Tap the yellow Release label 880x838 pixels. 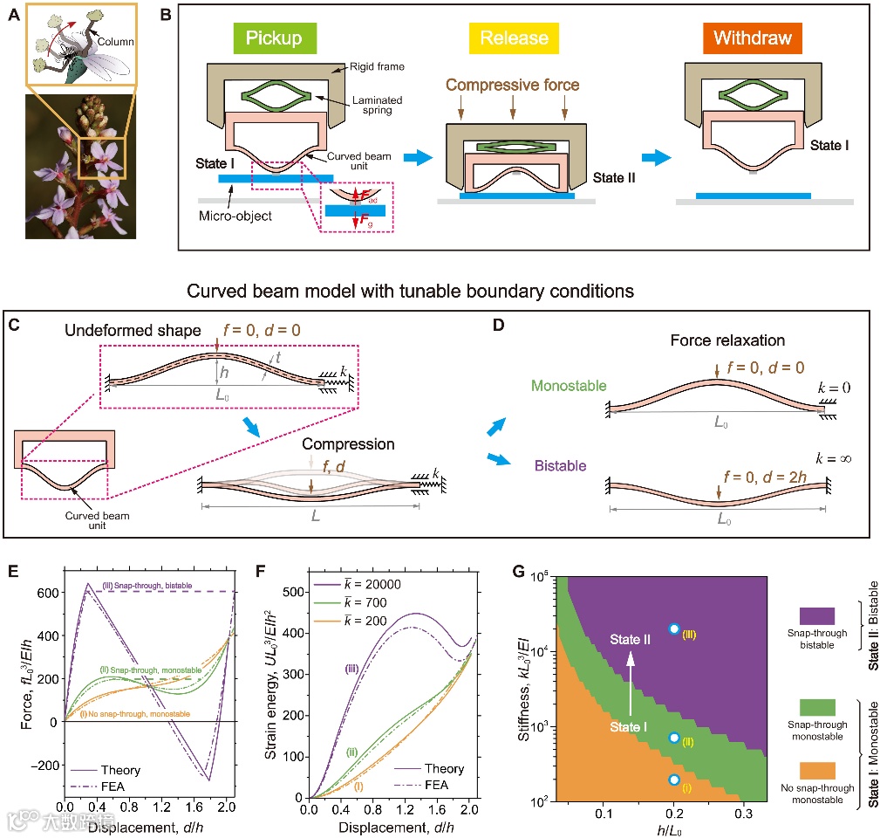(x=513, y=38)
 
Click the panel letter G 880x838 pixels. (x=519, y=573)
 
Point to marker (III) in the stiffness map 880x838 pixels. (x=673, y=628)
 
